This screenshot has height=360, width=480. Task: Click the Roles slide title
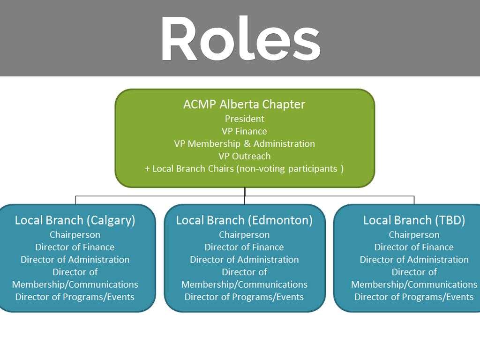[x=240, y=38]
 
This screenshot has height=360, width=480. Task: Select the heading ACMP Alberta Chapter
[x=244, y=104]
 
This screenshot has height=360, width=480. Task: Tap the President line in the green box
[x=244, y=119]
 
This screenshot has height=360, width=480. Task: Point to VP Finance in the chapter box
[x=244, y=131]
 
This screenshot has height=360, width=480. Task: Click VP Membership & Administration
[x=244, y=143]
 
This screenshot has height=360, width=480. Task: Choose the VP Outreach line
[x=244, y=156]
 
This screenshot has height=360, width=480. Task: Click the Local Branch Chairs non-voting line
[x=244, y=168]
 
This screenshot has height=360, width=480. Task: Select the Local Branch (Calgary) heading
[x=75, y=220]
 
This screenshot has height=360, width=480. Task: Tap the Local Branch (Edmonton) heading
[x=244, y=220]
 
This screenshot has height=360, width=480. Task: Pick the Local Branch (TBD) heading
[x=414, y=220]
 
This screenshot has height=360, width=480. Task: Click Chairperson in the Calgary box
[x=75, y=234]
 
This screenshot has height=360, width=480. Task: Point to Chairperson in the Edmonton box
[x=244, y=234]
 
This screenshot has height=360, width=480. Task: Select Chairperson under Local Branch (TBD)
[x=414, y=234]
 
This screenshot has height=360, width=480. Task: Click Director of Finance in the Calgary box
[x=75, y=247]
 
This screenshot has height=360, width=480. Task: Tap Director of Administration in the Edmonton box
[x=244, y=259]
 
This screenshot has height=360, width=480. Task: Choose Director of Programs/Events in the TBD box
[x=414, y=297]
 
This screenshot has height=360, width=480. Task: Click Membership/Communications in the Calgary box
[x=75, y=285]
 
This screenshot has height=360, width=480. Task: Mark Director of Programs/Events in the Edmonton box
[x=244, y=297]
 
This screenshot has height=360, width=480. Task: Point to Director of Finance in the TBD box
[x=414, y=247]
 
